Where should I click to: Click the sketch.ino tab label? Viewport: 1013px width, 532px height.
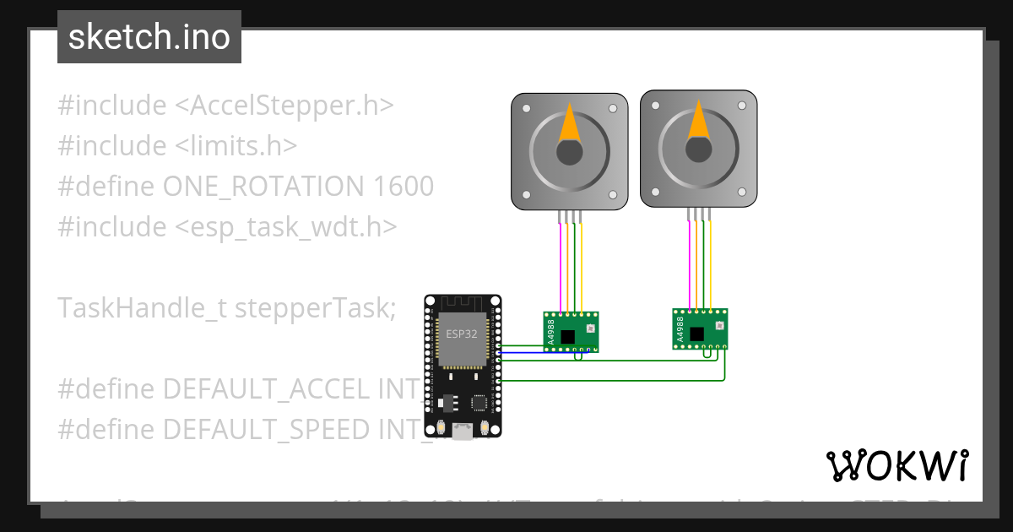click(x=149, y=37)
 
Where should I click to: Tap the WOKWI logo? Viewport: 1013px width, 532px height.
click(x=897, y=465)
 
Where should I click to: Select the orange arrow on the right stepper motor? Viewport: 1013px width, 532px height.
click(x=699, y=120)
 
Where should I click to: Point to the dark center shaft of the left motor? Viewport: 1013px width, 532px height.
click(x=570, y=153)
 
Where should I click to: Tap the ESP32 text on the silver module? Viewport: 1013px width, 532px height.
click(x=462, y=334)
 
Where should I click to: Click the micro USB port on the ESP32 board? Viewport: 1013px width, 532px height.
click(x=462, y=432)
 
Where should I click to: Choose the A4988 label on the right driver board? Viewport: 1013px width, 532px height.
click(x=680, y=328)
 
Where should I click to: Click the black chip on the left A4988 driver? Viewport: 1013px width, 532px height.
click(x=568, y=337)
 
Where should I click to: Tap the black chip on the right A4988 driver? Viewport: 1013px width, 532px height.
click(x=697, y=334)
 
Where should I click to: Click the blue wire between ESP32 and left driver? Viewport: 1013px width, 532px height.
click(x=523, y=352)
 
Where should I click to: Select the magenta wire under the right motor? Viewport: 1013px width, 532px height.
click(x=690, y=262)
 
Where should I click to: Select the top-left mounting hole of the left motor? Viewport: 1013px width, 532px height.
click(x=526, y=108)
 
